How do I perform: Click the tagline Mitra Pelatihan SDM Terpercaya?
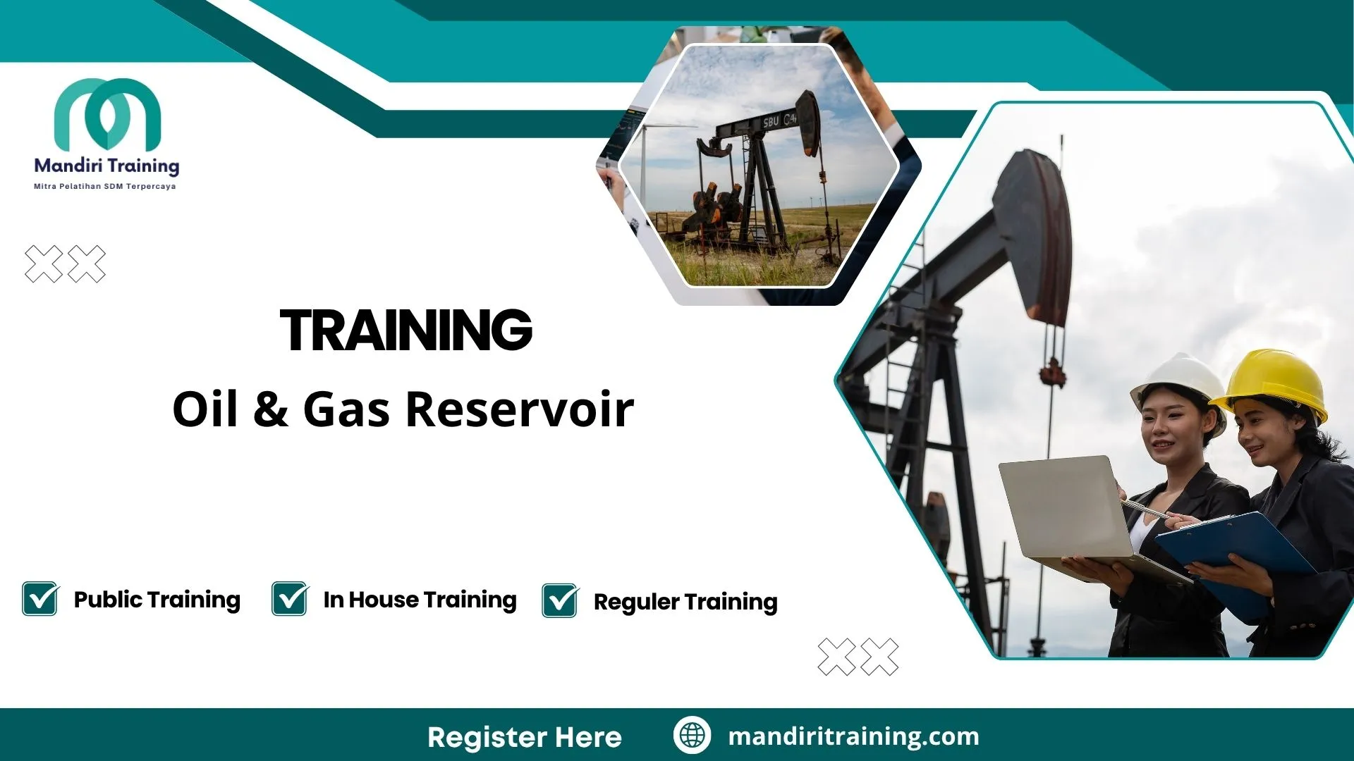105,187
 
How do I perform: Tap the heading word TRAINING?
406,330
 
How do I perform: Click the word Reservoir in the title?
520,409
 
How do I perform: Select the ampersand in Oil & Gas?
271,409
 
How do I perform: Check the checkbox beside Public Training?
40,599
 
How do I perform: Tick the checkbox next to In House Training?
290,599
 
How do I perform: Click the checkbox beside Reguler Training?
560,601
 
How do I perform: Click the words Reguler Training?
685,602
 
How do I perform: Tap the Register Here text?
525,737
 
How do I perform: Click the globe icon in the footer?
692,736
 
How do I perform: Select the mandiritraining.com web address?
853,736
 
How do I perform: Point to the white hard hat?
1181,380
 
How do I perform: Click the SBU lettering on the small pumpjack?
771,122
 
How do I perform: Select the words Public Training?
157,600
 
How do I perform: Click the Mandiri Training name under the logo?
106,166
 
